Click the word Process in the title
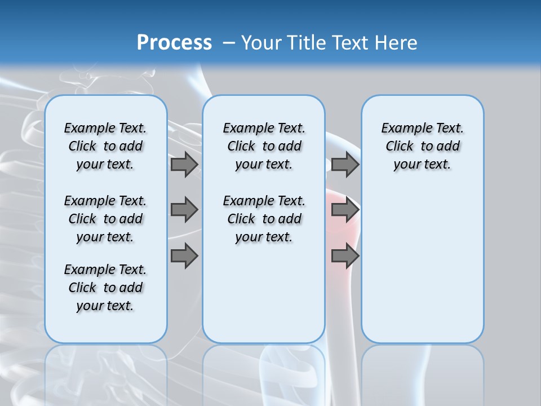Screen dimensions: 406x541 coord(174,43)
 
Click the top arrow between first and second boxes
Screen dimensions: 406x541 coord(184,164)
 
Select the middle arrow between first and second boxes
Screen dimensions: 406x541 coord(184,210)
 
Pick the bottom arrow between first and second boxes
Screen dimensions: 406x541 coord(184,255)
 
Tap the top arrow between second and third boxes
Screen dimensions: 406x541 coord(345,164)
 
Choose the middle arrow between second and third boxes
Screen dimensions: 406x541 coord(345,210)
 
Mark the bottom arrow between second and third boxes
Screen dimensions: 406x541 coord(345,255)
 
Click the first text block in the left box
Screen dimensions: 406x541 coord(105,146)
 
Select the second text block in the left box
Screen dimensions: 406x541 coord(105,219)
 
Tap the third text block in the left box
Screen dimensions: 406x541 coord(105,288)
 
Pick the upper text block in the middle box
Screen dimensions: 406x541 coord(264,146)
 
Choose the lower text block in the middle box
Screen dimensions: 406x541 coord(264,219)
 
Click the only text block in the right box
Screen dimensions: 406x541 coord(422,146)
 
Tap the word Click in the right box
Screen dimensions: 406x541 coord(400,146)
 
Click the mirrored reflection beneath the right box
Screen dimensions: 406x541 coord(422,372)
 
